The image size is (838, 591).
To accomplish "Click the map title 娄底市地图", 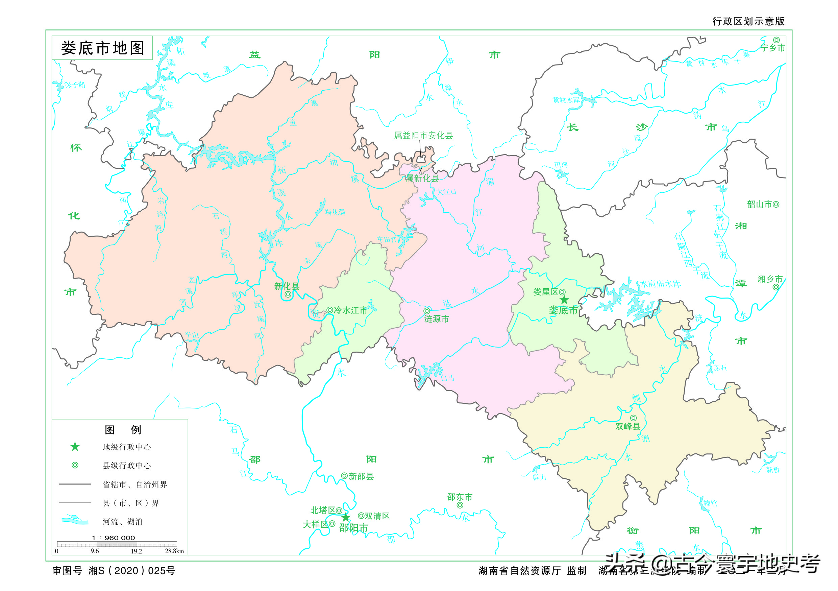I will [103, 48].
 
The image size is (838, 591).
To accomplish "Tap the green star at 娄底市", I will [564, 300].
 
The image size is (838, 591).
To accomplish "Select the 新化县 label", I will [287, 286].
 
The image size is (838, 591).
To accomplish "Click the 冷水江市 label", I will [350, 310].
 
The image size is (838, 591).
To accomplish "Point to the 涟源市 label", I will [436, 319].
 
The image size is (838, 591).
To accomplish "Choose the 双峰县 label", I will [627, 426].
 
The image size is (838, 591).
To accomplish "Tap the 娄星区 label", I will [545, 292].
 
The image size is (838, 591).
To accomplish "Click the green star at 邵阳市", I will [345, 518].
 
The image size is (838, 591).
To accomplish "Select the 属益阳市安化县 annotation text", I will [423, 136].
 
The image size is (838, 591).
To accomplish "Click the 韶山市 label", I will [760, 205].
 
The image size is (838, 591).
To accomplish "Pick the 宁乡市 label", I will [772, 48].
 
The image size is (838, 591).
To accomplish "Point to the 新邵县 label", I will [361, 476].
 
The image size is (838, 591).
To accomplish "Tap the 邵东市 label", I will [460, 497].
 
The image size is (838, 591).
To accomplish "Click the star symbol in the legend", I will [75, 447].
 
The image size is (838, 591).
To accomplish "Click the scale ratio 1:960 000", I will [113, 538].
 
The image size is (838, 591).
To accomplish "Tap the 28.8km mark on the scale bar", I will [174, 551].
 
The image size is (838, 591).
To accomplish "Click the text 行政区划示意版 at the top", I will [748, 21].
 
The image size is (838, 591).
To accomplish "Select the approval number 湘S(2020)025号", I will [132, 571].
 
